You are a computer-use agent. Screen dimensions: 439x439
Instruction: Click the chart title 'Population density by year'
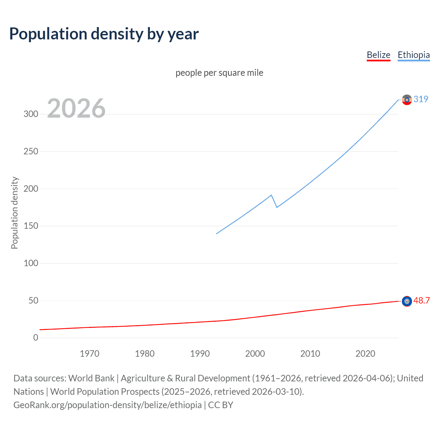click(104, 34)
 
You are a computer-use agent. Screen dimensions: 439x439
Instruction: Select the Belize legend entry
click(378, 55)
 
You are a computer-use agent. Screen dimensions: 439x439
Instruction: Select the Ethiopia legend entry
click(413, 55)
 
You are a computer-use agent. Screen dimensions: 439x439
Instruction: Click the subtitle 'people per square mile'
click(219, 73)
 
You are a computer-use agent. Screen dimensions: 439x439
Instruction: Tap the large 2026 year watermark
click(76, 108)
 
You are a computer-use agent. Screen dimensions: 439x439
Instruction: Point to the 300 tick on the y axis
click(31, 114)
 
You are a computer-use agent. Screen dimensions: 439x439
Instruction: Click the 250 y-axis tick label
click(31, 151)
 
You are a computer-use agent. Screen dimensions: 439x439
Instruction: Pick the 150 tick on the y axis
click(31, 226)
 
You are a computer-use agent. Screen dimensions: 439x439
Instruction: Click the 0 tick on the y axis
click(36, 338)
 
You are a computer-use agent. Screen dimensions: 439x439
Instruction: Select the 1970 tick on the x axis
click(90, 354)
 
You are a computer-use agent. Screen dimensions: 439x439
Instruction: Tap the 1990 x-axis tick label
click(200, 354)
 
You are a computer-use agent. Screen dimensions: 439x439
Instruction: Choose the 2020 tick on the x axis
click(365, 354)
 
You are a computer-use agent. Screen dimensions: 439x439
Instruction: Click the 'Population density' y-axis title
click(14, 213)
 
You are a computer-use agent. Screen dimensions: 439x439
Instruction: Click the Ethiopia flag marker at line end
click(407, 100)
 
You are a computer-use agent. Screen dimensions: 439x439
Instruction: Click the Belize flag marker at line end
click(407, 301)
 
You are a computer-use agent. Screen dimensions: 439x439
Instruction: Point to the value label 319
click(421, 99)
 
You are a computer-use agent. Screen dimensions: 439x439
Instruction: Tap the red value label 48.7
click(422, 301)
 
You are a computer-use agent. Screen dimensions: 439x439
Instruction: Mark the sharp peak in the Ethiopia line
click(271, 195)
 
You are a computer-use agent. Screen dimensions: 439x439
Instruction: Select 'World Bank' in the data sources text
click(91, 378)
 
